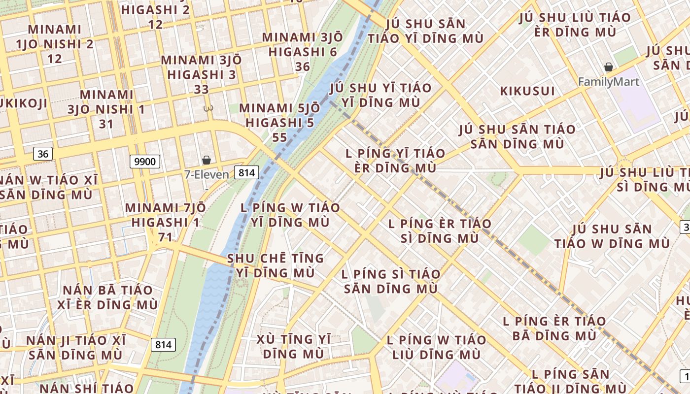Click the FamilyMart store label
coord(609,82)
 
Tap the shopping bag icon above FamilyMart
coord(609,67)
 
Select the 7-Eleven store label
coord(207,174)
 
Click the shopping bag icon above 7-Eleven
coord(207,160)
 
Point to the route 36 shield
coord(43,154)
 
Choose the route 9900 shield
coord(145,162)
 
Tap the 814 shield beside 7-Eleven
coord(246,172)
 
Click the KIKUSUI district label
coord(527,91)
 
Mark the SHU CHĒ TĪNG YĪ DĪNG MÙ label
coord(276,265)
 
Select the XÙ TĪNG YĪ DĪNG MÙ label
coord(293,346)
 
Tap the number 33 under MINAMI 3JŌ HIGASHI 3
coord(201,90)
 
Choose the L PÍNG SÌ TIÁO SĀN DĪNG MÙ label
coord(391,281)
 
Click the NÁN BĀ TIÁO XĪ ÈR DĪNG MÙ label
coord(107,297)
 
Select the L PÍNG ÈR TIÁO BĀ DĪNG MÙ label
coord(554,328)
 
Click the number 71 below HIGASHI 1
coord(165,237)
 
